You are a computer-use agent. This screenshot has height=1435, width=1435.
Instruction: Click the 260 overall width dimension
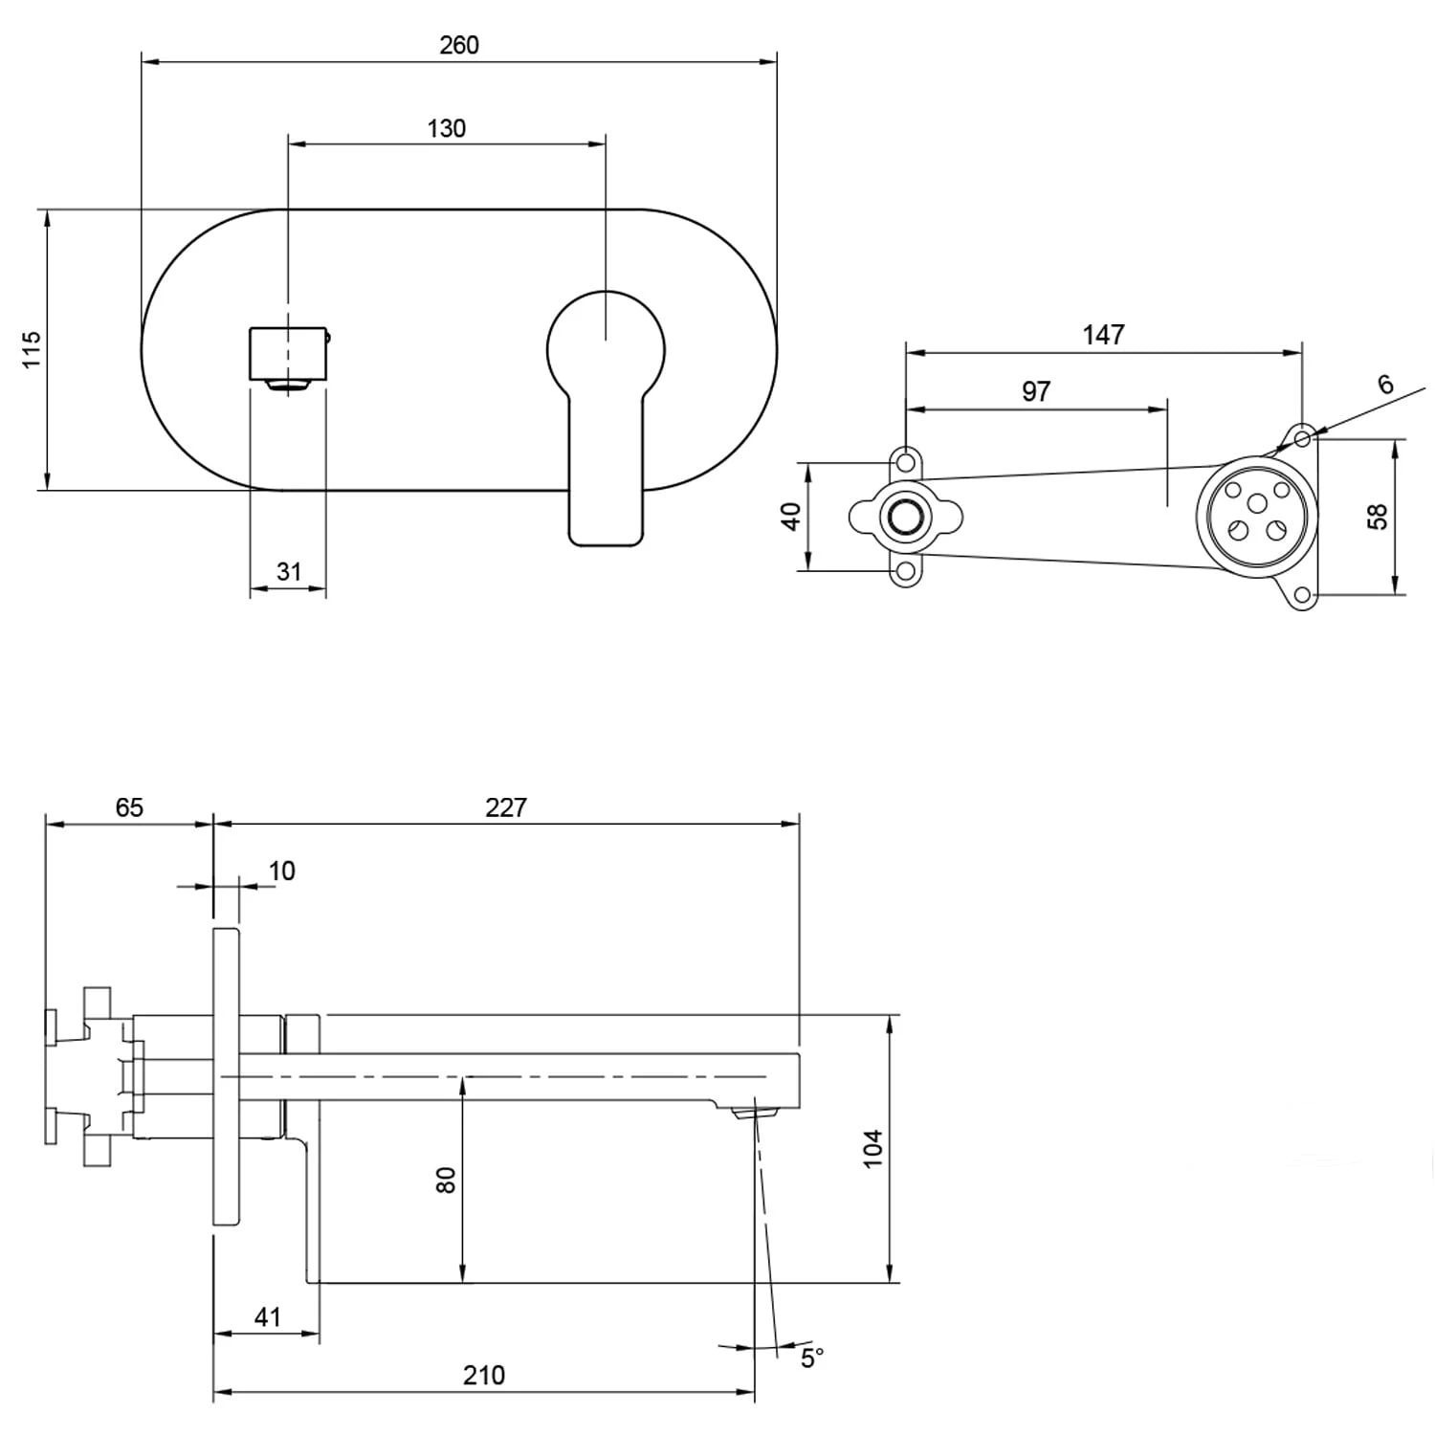(x=459, y=45)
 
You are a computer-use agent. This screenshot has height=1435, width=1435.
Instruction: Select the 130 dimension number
(x=446, y=128)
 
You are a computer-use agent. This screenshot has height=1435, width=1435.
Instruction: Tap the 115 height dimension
(x=32, y=349)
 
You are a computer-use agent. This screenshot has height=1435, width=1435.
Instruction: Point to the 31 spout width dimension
(x=289, y=571)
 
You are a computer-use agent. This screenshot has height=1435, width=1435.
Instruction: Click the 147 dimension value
(x=1103, y=335)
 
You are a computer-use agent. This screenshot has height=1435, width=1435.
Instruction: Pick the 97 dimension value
(x=1036, y=391)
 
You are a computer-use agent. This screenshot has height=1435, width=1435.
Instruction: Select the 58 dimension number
(x=1377, y=516)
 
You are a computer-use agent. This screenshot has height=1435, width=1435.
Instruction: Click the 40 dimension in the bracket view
(x=791, y=517)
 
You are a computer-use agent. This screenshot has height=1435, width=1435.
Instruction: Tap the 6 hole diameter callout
(x=1385, y=384)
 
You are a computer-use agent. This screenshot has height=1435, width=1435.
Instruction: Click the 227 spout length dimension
(x=505, y=807)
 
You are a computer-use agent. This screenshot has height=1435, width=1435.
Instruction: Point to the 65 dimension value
(x=129, y=807)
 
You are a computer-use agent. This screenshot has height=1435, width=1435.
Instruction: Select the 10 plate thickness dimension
(x=281, y=871)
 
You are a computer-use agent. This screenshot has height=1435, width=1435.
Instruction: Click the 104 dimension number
(x=872, y=1147)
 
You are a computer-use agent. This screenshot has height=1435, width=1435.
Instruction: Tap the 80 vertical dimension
(x=446, y=1179)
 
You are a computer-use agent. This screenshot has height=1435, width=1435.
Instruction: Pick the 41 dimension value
(x=268, y=1316)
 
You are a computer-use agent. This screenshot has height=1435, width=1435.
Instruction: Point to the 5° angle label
(x=812, y=1358)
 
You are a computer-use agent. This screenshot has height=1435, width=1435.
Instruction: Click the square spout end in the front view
(x=288, y=353)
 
